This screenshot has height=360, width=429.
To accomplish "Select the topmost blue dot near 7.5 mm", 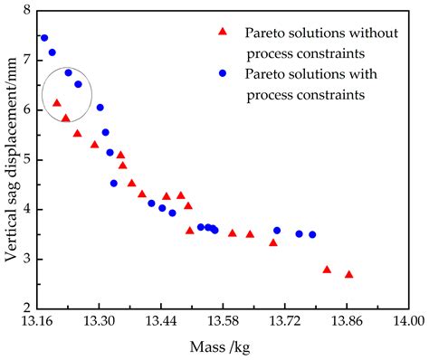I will coord(43,38).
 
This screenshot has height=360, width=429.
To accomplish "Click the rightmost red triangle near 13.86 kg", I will coord(348,274).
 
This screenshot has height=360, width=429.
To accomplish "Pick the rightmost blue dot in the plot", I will coord(312,234).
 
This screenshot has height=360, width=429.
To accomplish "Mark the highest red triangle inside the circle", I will coord(57,103).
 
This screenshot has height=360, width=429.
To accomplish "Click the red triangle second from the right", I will coord(327,270).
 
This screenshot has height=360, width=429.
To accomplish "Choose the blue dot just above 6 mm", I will coord(100,107).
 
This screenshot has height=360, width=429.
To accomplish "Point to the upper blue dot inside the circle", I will coord(68,72).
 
